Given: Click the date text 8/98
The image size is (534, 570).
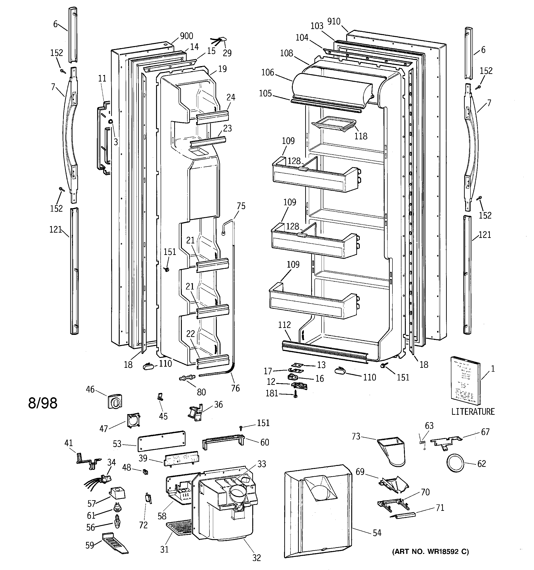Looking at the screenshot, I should click(x=43, y=403).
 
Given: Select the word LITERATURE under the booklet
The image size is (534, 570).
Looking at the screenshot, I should click(x=473, y=412).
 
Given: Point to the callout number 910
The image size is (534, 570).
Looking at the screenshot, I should click(x=334, y=21).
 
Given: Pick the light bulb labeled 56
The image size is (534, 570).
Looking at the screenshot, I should click(x=117, y=521).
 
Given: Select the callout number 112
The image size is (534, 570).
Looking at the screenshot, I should click(x=284, y=325).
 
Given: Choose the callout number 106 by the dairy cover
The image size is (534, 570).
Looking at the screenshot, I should click(x=268, y=73).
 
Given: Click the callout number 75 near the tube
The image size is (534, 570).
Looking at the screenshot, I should click(x=241, y=206).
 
